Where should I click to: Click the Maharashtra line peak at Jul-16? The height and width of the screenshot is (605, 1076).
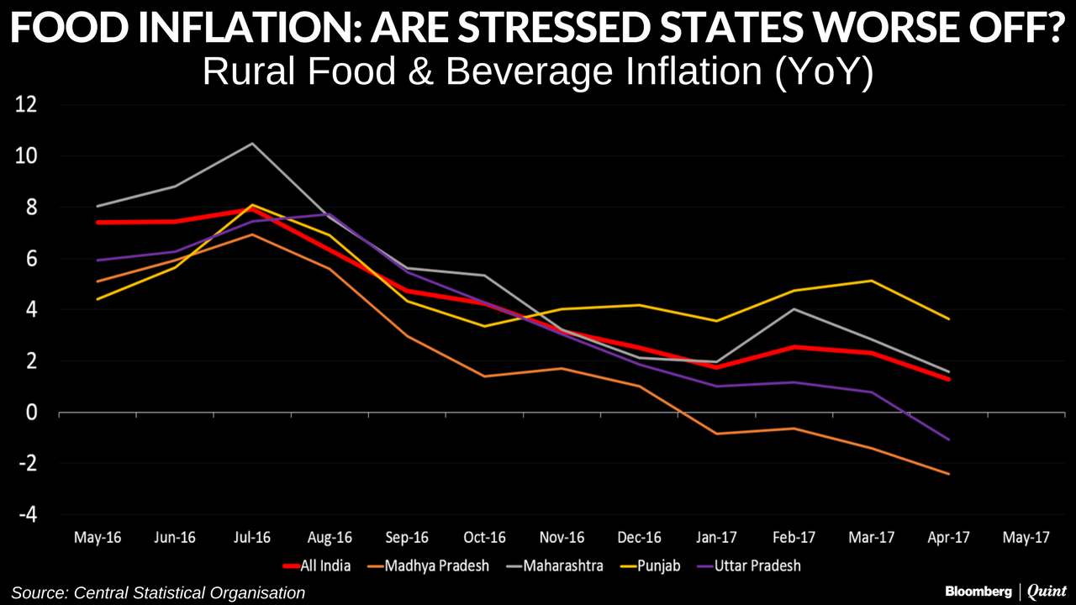[252, 144]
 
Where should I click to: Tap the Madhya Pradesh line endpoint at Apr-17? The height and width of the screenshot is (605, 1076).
[949, 474]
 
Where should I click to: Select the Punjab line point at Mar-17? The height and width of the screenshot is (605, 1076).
[872, 281]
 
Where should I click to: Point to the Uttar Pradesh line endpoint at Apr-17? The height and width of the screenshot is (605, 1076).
[949, 439]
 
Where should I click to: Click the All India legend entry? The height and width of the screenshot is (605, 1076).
[317, 566]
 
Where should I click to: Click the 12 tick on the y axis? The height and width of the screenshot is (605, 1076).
[27, 106]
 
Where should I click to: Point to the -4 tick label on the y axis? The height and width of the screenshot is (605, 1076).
[27, 515]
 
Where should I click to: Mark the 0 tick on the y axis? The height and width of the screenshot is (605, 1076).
[33, 413]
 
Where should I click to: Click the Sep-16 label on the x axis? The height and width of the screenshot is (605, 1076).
[408, 538]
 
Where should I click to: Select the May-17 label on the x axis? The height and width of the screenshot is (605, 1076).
[1026, 538]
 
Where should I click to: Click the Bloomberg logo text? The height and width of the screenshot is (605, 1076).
[978, 592]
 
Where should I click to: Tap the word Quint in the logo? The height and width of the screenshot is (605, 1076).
[1046, 592]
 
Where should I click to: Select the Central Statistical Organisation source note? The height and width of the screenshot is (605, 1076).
[158, 592]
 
